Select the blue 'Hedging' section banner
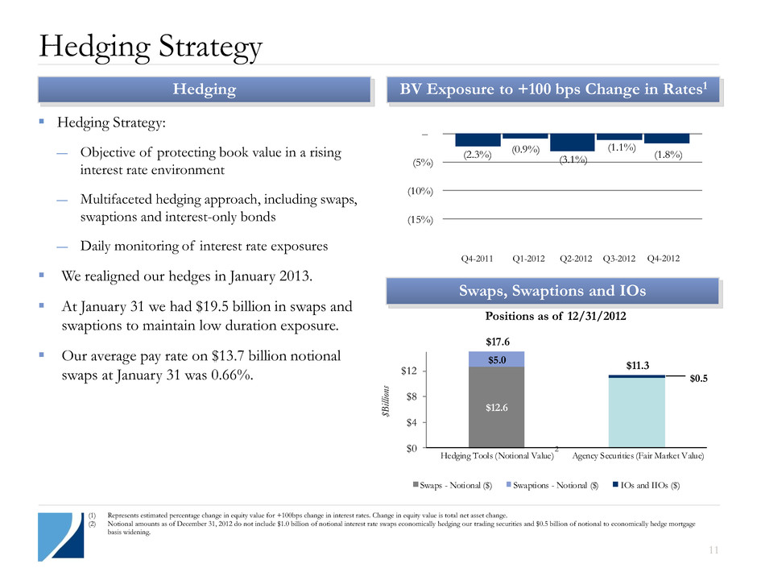(x=212, y=90)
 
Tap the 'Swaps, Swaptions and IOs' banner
(x=552, y=291)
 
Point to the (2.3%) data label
(x=477, y=155)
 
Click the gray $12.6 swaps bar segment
(x=496, y=407)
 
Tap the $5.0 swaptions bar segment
(x=496, y=359)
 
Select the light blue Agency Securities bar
(x=636, y=412)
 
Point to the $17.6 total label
(x=496, y=342)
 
